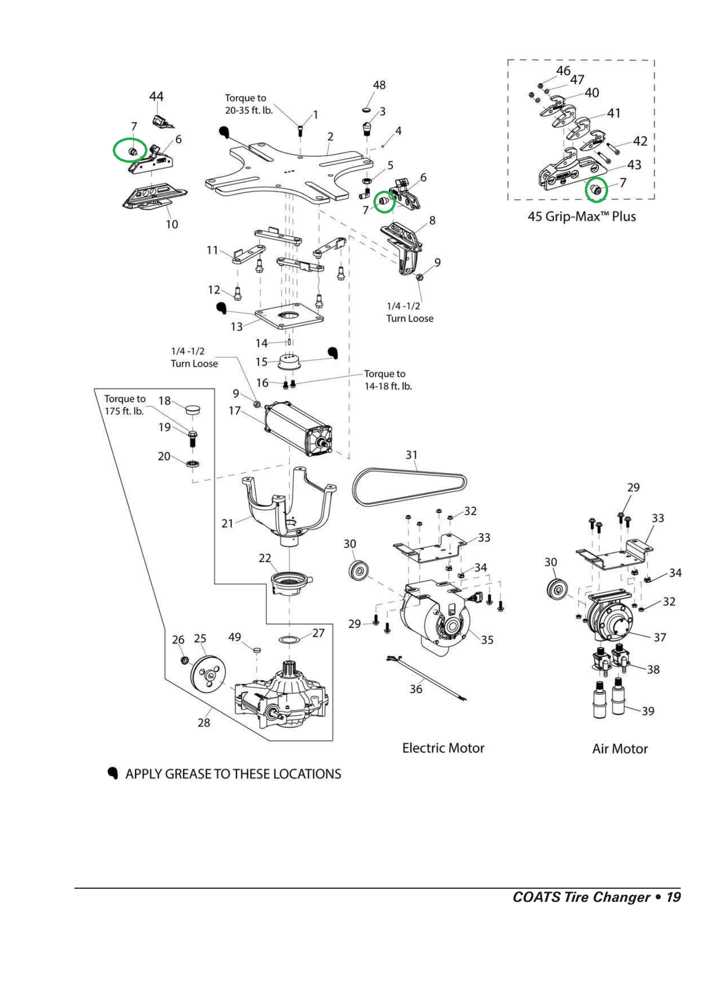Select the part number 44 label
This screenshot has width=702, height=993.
156,96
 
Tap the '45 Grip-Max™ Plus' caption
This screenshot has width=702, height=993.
581,217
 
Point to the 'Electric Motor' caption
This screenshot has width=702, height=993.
443,748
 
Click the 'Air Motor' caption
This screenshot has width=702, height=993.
620,749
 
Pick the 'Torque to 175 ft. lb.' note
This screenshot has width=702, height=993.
125,405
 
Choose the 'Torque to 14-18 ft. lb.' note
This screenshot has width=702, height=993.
388,380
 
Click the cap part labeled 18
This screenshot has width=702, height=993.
192,410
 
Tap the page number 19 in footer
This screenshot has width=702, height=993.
673,897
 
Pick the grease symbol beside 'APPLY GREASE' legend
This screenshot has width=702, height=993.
113,774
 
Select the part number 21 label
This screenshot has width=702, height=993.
227,523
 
